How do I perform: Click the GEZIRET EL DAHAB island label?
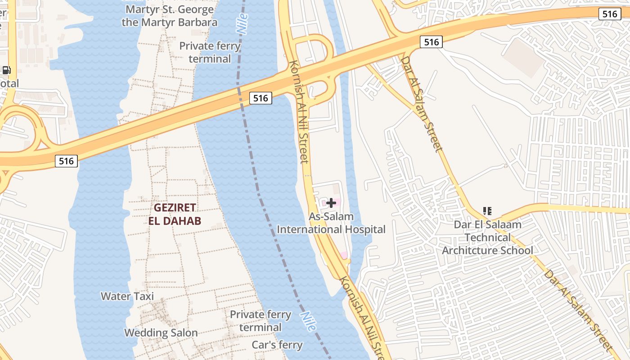coord(175,214)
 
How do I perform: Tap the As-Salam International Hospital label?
coord(331,223)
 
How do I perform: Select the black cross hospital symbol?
coord(331,203)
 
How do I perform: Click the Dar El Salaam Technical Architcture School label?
coord(487,237)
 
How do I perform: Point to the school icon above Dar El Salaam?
coord(487,211)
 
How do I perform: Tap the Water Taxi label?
coord(127,296)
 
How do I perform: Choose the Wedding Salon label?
coord(161,333)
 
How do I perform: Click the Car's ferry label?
coord(277,345)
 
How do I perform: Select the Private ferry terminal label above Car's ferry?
coord(261,320)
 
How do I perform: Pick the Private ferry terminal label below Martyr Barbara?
coord(210,52)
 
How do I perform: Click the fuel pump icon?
coord(6,70)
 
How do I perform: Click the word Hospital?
coord(364,229)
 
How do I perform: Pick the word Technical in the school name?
coord(487,237)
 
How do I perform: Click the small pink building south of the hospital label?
coord(344,255)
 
